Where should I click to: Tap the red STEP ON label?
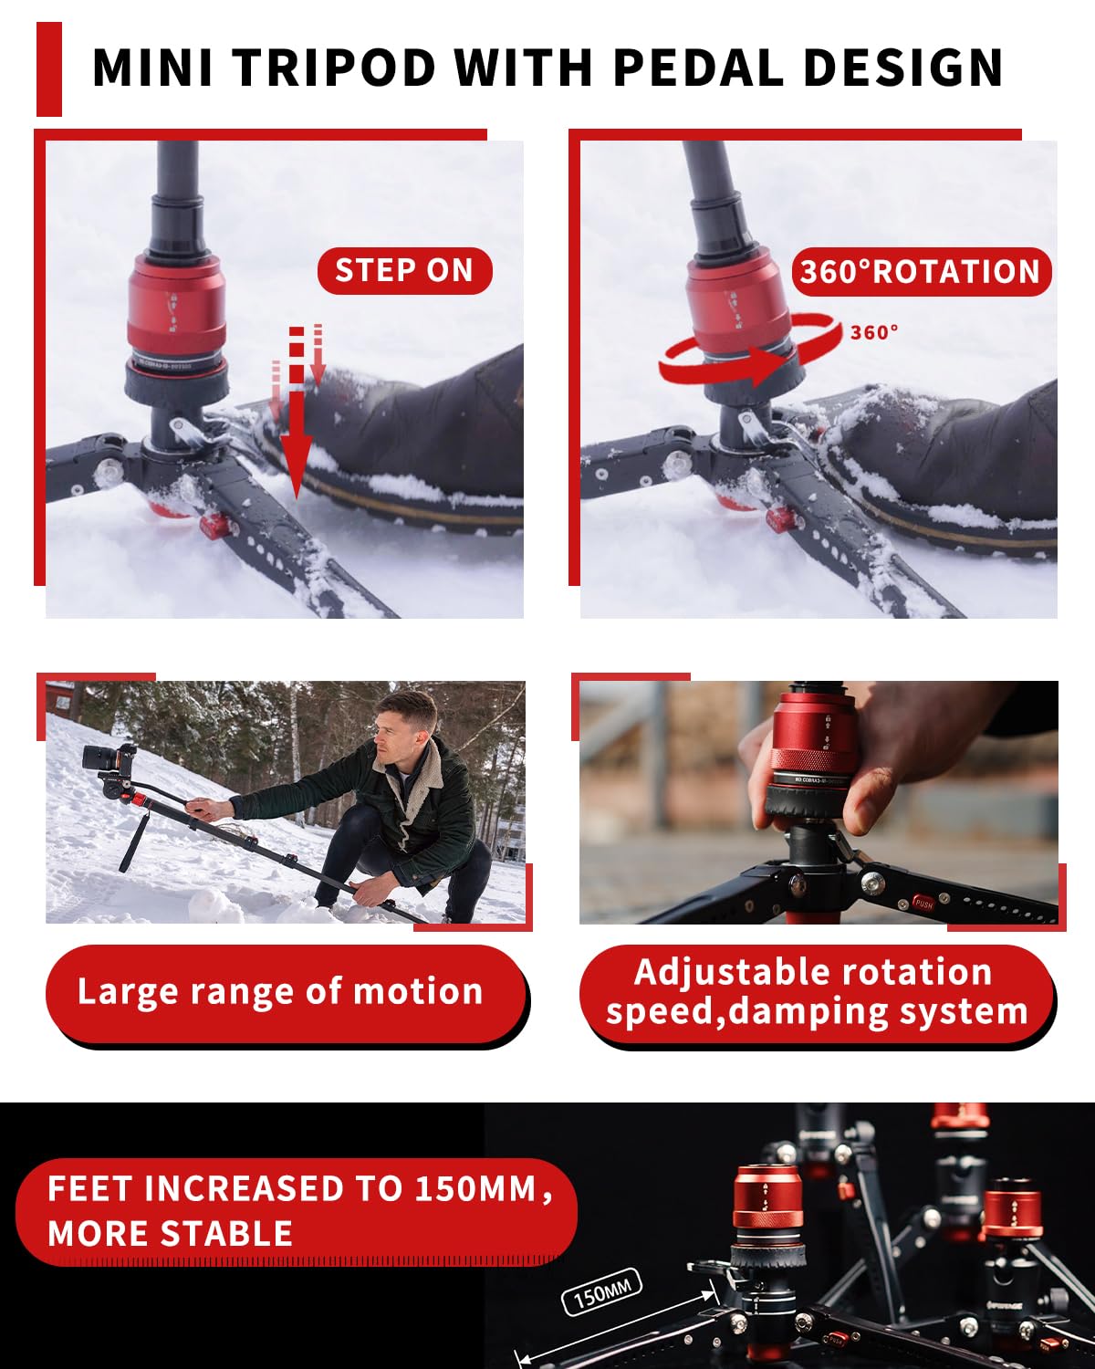403,271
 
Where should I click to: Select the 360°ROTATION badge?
920,272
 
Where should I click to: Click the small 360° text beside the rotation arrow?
873,333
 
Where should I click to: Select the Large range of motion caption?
280,992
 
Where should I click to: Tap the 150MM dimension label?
601,1291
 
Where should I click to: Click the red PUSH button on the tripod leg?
923,904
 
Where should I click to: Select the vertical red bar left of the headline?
49,69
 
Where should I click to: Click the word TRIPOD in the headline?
335,68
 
